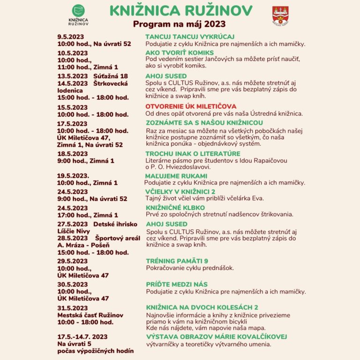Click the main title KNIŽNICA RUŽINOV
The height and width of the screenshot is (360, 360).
click(180, 11)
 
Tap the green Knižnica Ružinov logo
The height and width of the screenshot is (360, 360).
click(78, 14)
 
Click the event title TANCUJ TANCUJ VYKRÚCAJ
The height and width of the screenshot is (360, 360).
click(190, 37)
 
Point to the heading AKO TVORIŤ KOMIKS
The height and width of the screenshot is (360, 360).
click(180, 52)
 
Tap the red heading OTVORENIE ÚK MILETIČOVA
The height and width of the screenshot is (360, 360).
click(191, 106)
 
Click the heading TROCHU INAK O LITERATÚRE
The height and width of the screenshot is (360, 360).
click(193, 154)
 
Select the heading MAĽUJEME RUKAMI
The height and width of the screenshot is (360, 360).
click(176, 176)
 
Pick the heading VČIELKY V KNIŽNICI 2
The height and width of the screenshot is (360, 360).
click(180, 192)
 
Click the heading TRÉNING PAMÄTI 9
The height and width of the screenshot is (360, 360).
click(177, 261)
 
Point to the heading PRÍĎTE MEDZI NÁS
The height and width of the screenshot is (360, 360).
click(176, 285)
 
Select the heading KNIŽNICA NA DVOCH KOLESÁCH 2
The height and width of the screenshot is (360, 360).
click(202, 307)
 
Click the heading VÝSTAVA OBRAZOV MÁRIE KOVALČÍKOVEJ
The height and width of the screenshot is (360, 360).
click(216, 337)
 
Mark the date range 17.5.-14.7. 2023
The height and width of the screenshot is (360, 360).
click(82, 337)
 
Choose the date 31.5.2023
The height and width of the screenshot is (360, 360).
click(72, 308)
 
